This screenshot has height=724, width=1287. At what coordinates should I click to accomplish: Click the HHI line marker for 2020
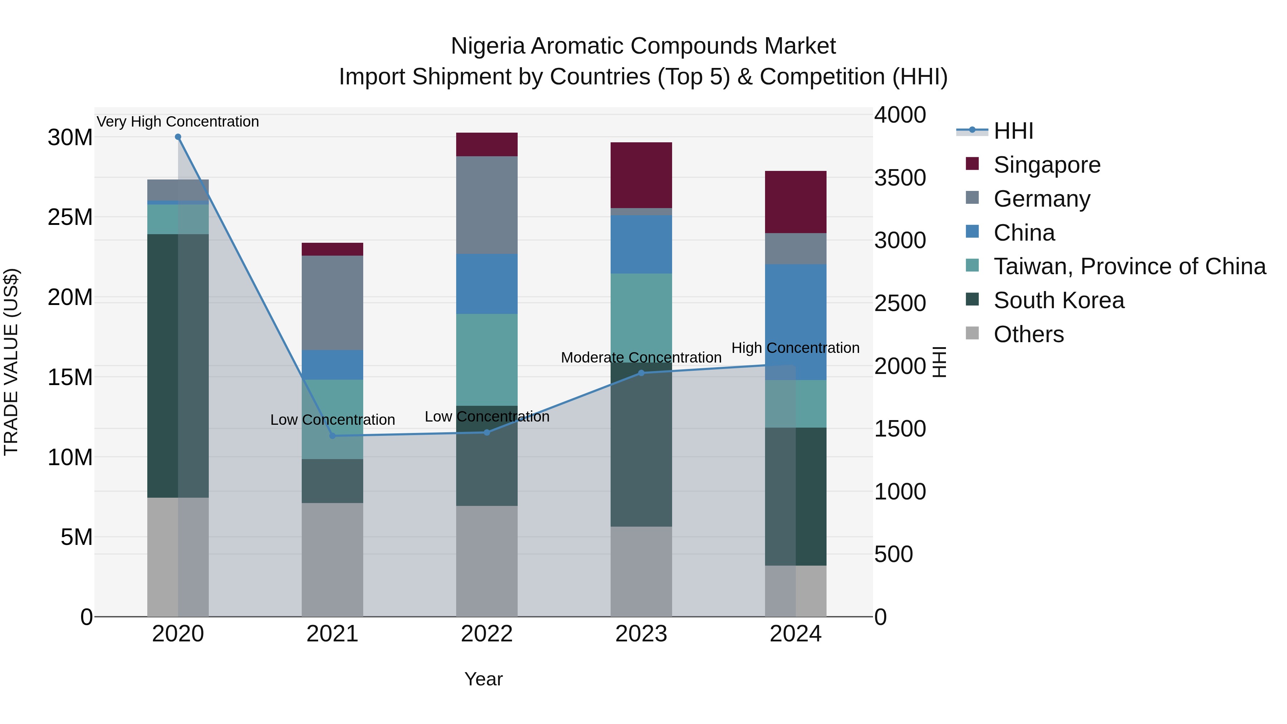pos(178,137)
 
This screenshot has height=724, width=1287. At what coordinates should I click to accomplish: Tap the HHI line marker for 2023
pos(641,373)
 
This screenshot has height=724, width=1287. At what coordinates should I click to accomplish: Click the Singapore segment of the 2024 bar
pos(795,202)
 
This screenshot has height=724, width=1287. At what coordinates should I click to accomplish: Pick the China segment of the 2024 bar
pos(795,320)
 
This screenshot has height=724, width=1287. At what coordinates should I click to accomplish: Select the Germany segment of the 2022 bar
pos(487,205)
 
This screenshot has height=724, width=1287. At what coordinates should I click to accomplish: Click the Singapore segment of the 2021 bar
pos(332,249)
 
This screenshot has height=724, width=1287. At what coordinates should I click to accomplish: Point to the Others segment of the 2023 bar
pos(641,571)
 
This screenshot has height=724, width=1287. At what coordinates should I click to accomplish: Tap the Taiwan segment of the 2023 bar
pos(641,315)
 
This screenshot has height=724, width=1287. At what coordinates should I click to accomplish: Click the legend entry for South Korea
pos(1059,300)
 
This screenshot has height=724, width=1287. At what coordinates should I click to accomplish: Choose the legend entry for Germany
pos(1042,199)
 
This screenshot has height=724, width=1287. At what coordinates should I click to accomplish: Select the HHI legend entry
pos(1013,131)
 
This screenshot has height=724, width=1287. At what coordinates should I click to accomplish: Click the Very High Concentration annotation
pos(178,122)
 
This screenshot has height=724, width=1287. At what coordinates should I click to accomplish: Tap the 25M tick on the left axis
pos(70,217)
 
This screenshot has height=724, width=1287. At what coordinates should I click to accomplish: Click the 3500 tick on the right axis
pos(900,178)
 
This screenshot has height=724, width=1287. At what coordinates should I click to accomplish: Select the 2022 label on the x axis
pos(487,634)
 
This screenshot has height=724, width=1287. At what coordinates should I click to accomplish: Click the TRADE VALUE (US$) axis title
pos(11,362)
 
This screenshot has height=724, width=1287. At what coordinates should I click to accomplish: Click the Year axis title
pos(483,679)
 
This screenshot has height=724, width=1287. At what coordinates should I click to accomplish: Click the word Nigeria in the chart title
pos(488,46)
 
